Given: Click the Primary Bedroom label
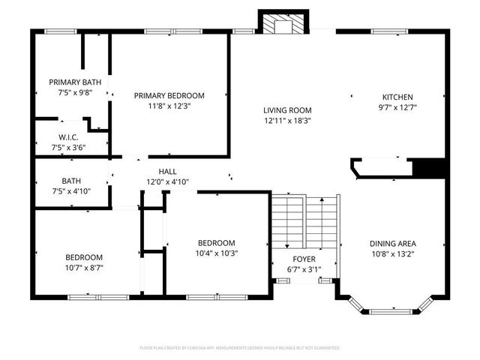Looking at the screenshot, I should [x=169, y=95].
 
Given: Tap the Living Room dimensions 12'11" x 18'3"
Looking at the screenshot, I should [x=287, y=120].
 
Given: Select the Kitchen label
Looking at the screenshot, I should [x=397, y=97].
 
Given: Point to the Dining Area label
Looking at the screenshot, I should [x=393, y=243].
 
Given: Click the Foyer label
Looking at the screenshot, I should [x=304, y=259].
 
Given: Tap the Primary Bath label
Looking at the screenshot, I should [x=73, y=82].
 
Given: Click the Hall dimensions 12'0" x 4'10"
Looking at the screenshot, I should [x=167, y=182].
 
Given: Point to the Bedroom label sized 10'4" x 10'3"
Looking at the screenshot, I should [x=216, y=243].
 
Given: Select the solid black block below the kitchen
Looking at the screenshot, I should [x=430, y=168].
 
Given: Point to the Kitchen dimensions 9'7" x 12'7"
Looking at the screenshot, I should [x=397, y=107].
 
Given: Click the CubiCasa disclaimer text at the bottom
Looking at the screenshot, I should [x=240, y=348].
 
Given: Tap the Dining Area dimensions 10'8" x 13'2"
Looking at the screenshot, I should [x=393, y=253].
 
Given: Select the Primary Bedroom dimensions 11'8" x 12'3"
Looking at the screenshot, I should [x=169, y=106].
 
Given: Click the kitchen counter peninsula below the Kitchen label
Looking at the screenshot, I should [x=382, y=167].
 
